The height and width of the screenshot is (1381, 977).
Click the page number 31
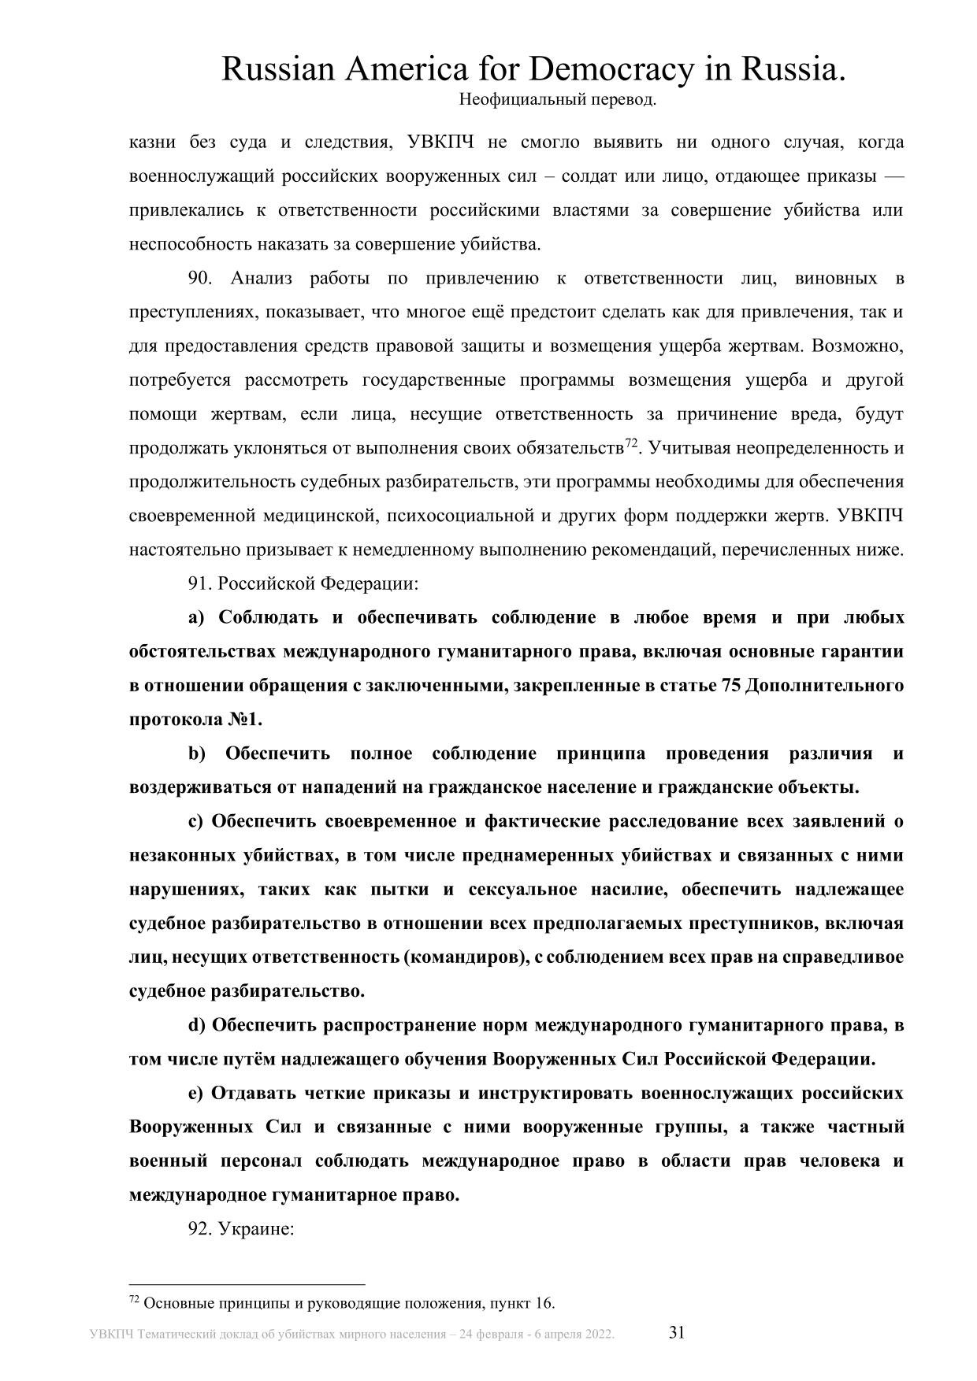pos(677,1332)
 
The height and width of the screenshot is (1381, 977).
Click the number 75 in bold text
pos(730,685)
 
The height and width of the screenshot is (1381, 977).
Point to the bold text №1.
pos(246,720)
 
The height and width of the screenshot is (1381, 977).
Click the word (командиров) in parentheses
pos(463,957)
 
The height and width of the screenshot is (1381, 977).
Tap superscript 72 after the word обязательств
pos(630,444)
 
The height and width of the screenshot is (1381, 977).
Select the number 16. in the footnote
pos(544,1303)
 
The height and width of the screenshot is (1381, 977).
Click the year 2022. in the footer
pos(598,1335)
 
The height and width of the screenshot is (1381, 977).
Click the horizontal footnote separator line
pos(247,1283)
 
